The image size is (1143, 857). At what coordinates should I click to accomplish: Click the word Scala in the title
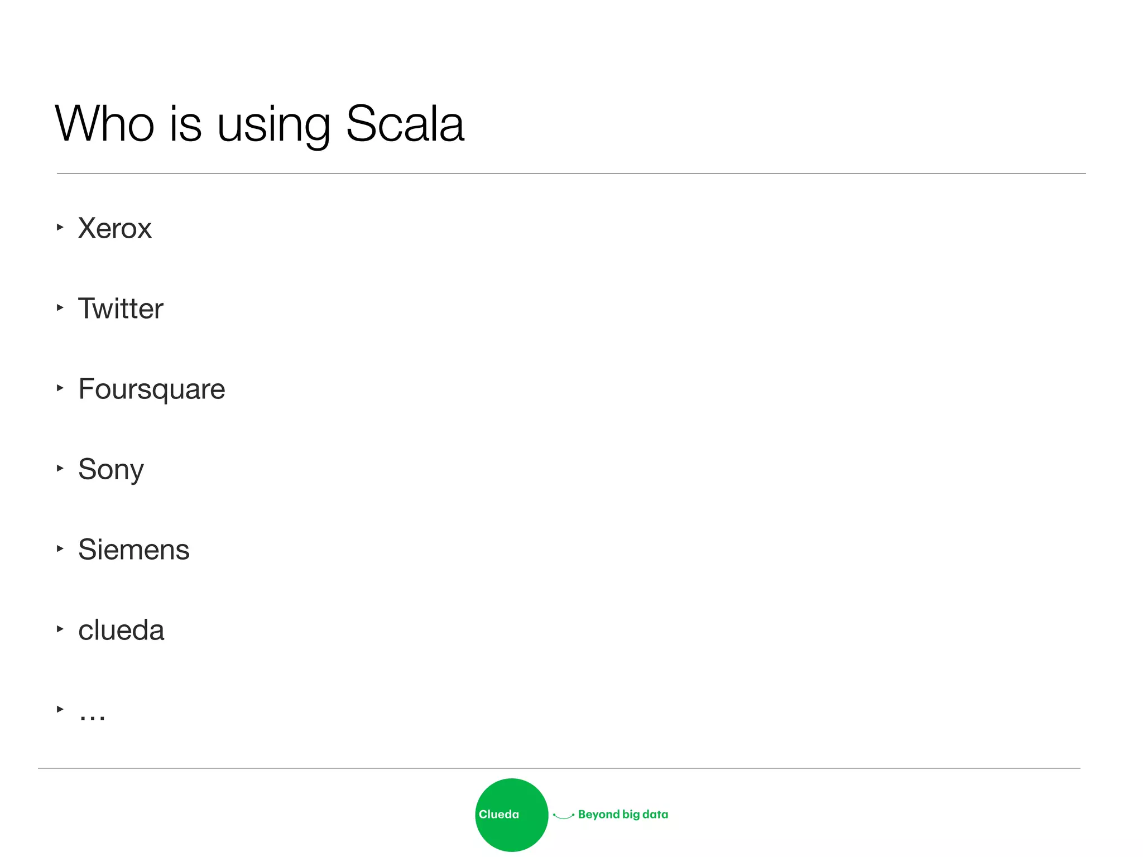coord(405,123)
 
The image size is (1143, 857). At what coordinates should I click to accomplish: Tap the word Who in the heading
coord(104,123)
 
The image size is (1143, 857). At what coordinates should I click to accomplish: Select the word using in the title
coord(273,126)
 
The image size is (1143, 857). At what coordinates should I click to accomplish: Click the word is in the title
coord(185,123)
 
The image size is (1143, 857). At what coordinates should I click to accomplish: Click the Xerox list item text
coord(114,228)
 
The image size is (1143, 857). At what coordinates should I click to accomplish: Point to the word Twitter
coord(121,309)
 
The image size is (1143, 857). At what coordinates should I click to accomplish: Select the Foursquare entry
coord(151,389)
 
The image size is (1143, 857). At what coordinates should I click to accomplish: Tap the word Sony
coord(111,470)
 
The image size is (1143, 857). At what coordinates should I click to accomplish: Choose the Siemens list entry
coord(133,550)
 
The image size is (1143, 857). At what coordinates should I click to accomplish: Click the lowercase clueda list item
coord(121,630)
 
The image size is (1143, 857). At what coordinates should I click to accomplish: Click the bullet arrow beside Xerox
coord(60,227)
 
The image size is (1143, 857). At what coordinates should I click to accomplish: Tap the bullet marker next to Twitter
coord(60,307)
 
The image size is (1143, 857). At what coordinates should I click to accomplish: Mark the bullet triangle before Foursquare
coord(60,388)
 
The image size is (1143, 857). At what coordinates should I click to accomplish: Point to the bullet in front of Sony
coord(60,468)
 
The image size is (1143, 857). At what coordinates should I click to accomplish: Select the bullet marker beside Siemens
coord(60,548)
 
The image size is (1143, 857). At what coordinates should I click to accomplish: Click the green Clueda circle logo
coord(511,815)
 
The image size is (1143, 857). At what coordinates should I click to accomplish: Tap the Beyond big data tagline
coord(623,815)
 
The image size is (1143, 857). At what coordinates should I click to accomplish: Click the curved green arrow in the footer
coord(563,816)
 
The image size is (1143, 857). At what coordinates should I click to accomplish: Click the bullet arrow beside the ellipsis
coord(60,709)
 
